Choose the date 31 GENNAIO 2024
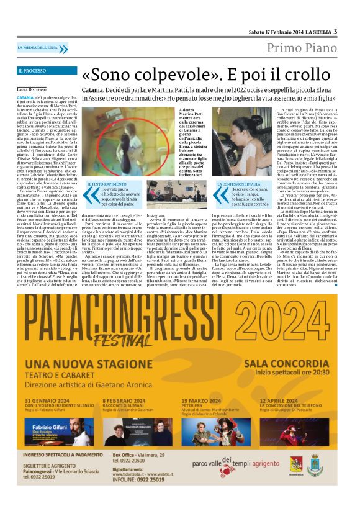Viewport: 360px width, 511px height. pyautogui.click(x=50, y=400)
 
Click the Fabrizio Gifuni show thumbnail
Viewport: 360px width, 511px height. pyautogui.click(x=50, y=432)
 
